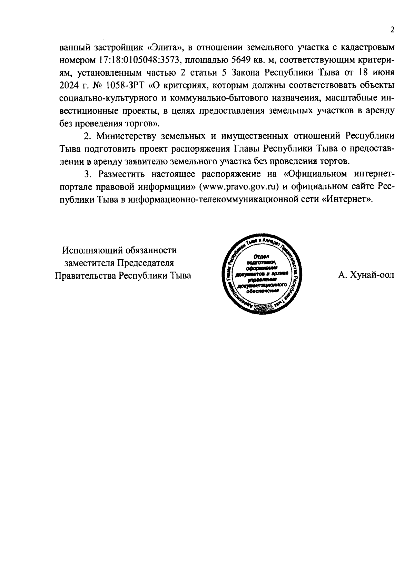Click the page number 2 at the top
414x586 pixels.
[392, 30]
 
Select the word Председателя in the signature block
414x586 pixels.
[145, 263]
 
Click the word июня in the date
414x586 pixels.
[382, 73]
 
